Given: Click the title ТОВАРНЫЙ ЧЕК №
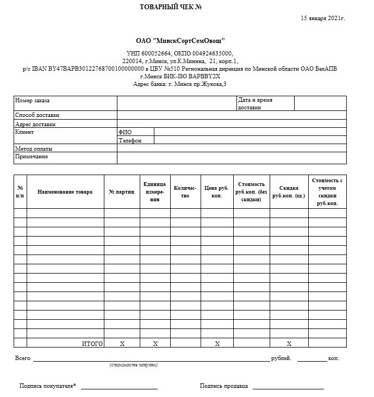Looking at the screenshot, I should [x=171, y=7].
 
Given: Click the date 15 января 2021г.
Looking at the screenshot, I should [x=323, y=18].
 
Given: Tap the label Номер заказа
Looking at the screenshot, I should [x=33, y=101].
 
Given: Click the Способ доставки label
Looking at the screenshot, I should [x=38, y=115].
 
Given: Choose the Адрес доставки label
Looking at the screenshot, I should [x=35, y=124].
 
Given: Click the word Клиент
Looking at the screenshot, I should [x=24, y=132].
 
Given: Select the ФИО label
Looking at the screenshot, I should [x=125, y=132].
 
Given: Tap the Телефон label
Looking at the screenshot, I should [x=130, y=140].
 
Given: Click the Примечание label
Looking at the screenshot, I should [x=32, y=157].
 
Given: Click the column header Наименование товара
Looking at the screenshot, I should [x=65, y=191].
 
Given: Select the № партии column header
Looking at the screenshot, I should [x=122, y=191].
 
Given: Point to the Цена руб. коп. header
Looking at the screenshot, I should [x=217, y=191].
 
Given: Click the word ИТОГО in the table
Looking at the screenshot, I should [x=92, y=344].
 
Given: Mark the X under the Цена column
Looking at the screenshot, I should [x=217, y=344].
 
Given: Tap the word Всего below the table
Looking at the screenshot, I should [x=23, y=358].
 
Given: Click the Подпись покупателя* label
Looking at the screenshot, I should [x=48, y=386].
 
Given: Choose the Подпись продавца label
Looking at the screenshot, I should [x=224, y=386].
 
